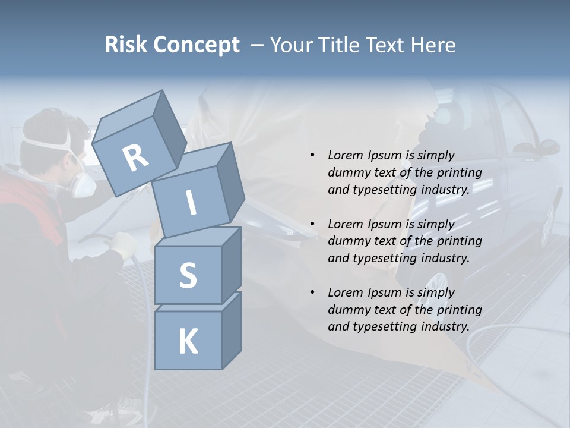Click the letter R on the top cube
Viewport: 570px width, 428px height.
click(x=135, y=158)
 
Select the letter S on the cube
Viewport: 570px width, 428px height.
click(x=188, y=276)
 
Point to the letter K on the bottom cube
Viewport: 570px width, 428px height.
click(x=188, y=342)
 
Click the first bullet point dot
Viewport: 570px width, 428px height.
click(x=312, y=155)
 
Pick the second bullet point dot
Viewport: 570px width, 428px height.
click(x=312, y=224)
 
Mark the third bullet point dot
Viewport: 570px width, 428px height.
click(x=312, y=292)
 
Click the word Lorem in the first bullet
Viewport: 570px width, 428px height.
click(x=345, y=155)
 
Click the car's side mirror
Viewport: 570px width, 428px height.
click(x=543, y=147)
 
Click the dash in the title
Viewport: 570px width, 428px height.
click(x=257, y=45)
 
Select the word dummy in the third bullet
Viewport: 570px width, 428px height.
click(x=348, y=310)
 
